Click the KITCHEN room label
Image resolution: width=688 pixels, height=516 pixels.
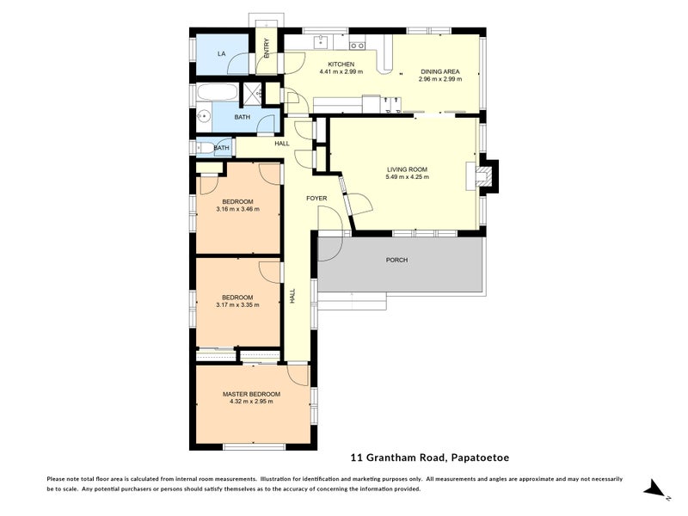341,64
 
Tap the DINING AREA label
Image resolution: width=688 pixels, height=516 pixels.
440,71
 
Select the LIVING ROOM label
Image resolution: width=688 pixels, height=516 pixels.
407,169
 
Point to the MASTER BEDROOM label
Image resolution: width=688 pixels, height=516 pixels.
251,394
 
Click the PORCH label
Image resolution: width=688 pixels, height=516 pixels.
396,260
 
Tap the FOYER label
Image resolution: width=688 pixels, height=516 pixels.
316,199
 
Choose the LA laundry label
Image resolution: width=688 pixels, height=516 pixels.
222,53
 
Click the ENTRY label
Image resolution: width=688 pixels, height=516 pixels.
267,48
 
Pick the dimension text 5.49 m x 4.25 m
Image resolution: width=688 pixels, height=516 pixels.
407,177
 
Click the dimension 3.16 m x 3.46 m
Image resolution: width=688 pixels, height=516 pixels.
238,209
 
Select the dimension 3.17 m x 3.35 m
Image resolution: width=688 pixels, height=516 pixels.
238,304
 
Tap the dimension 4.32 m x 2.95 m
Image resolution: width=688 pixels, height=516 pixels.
251,401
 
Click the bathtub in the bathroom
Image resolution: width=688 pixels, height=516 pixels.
217,92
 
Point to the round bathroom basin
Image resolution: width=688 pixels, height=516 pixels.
204,116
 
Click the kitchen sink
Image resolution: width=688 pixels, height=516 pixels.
322,42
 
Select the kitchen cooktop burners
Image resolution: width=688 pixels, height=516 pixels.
357,46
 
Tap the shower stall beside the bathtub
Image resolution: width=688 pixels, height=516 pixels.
253,93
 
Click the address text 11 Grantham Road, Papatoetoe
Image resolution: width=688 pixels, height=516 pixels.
430,458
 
